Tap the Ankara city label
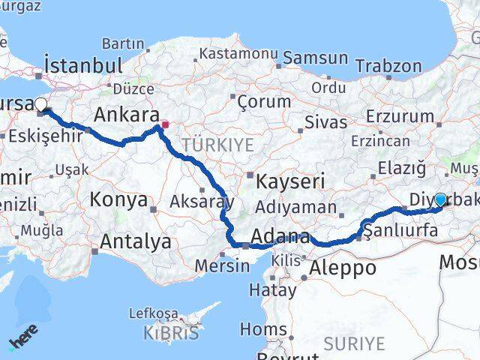(125, 115)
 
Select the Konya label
(118, 199)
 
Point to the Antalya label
(135, 242)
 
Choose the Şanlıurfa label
(400, 231)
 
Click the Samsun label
(315, 58)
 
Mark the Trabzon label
(389, 66)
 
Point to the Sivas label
(326, 122)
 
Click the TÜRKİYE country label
(217, 145)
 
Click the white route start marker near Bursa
(40, 106)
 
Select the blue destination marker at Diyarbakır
(440, 199)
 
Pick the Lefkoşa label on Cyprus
(154, 313)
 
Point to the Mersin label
(221, 265)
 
